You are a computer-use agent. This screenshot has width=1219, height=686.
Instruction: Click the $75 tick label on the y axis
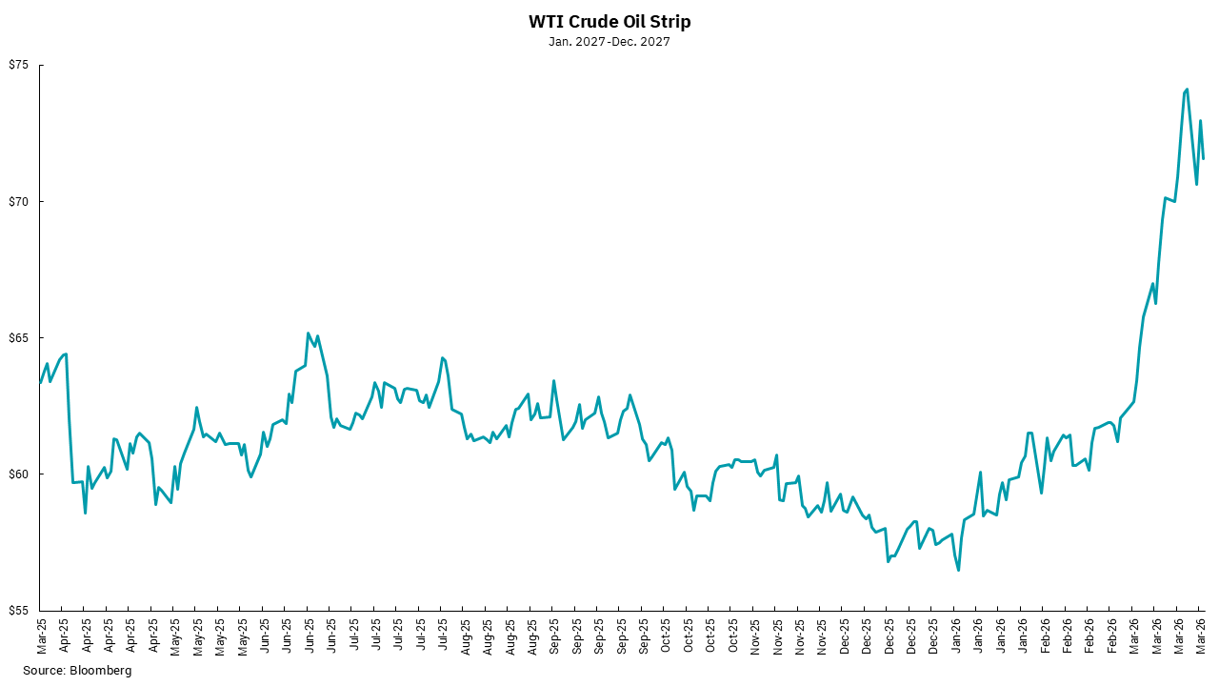click(20, 66)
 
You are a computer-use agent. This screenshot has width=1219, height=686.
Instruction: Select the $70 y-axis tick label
click(20, 202)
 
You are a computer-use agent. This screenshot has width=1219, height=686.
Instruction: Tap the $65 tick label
click(20, 338)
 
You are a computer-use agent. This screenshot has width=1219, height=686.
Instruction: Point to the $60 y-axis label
click(20, 474)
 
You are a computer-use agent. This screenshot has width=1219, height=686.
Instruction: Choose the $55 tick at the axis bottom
click(20, 611)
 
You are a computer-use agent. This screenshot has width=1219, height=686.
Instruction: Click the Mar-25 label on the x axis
click(42, 636)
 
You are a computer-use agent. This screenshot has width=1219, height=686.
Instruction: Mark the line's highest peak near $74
click(1187, 90)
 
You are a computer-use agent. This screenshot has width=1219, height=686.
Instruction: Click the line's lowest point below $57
click(958, 570)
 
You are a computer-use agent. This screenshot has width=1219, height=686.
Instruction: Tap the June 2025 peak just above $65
click(309, 333)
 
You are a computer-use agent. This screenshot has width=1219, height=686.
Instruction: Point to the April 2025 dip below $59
click(85, 514)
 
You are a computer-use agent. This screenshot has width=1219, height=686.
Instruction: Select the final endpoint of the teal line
click(1203, 158)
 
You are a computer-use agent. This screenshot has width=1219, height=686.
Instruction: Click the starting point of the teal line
click(40, 381)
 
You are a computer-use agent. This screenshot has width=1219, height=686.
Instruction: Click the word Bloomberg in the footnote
click(101, 671)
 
